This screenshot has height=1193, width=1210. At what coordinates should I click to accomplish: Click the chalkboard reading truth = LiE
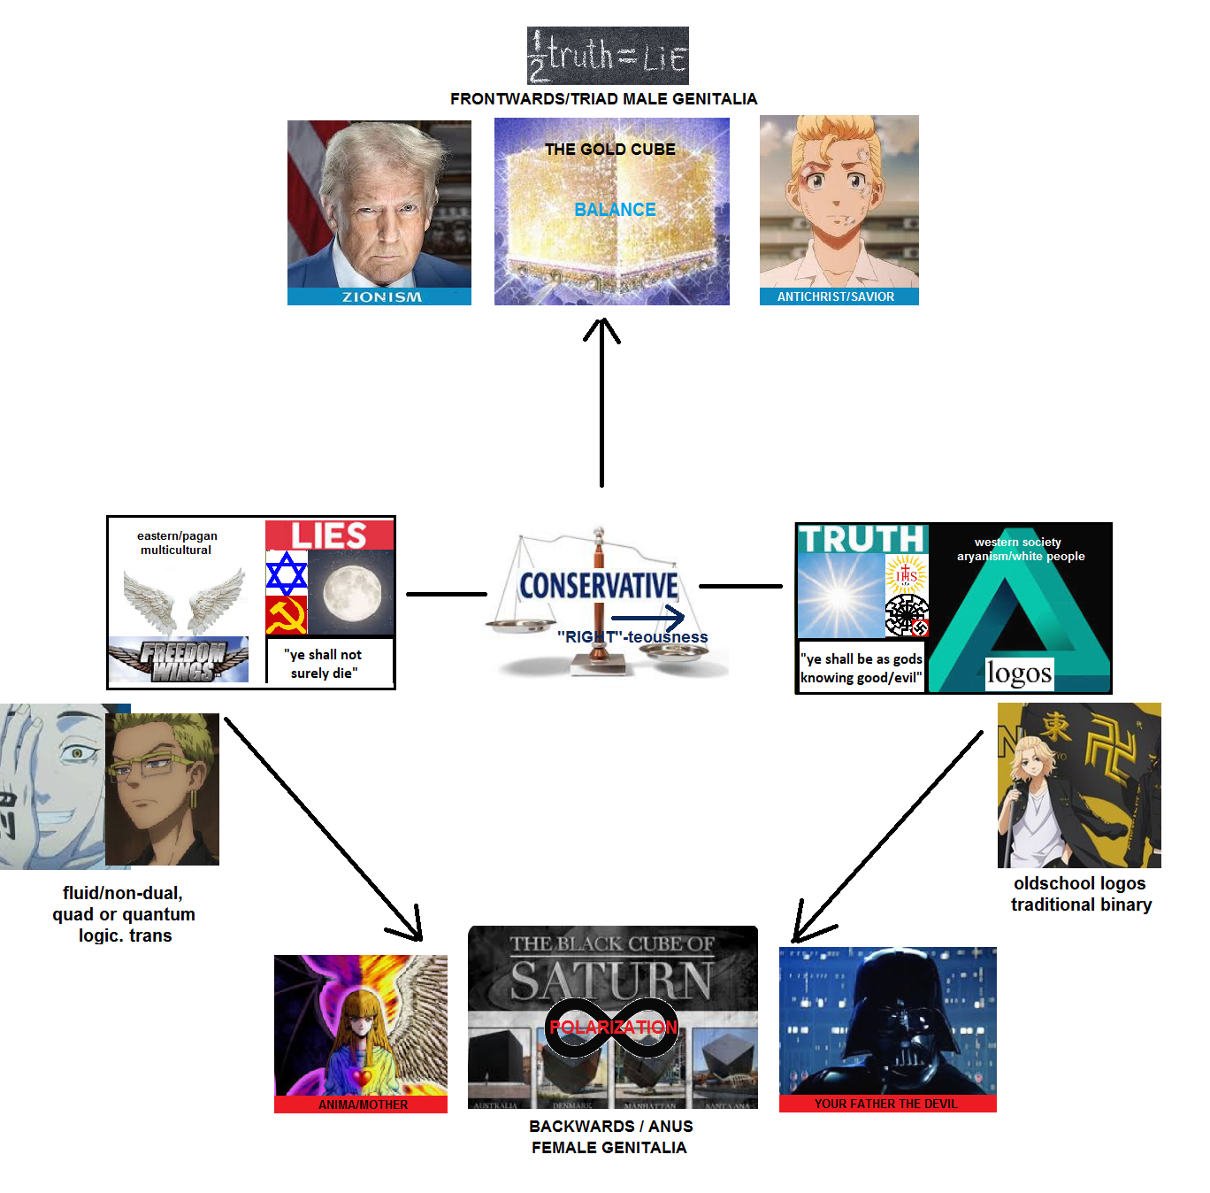click(608, 56)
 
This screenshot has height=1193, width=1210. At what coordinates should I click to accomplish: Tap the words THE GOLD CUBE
click(609, 150)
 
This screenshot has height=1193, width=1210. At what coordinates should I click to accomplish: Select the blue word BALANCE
click(615, 210)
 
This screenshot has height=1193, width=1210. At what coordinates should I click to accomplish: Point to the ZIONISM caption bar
click(380, 297)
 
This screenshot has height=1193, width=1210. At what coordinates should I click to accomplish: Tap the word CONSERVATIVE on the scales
click(598, 586)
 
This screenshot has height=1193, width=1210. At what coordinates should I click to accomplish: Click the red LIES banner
click(329, 535)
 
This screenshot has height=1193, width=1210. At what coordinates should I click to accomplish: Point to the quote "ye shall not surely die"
click(324, 664)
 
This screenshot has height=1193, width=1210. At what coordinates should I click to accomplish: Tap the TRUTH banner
click(861, 539)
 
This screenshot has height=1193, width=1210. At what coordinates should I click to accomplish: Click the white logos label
click(1019, 673)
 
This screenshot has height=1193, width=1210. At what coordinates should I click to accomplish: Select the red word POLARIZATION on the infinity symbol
click(613, 1027)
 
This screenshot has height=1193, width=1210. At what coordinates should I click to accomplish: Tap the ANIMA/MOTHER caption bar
click(362, 1104)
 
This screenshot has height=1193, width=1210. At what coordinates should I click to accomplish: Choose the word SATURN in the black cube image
click(611, 981)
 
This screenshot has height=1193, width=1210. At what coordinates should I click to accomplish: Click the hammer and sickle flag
click(286, 615)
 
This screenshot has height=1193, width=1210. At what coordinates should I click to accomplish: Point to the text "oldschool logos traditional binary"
click(1080, 894)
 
